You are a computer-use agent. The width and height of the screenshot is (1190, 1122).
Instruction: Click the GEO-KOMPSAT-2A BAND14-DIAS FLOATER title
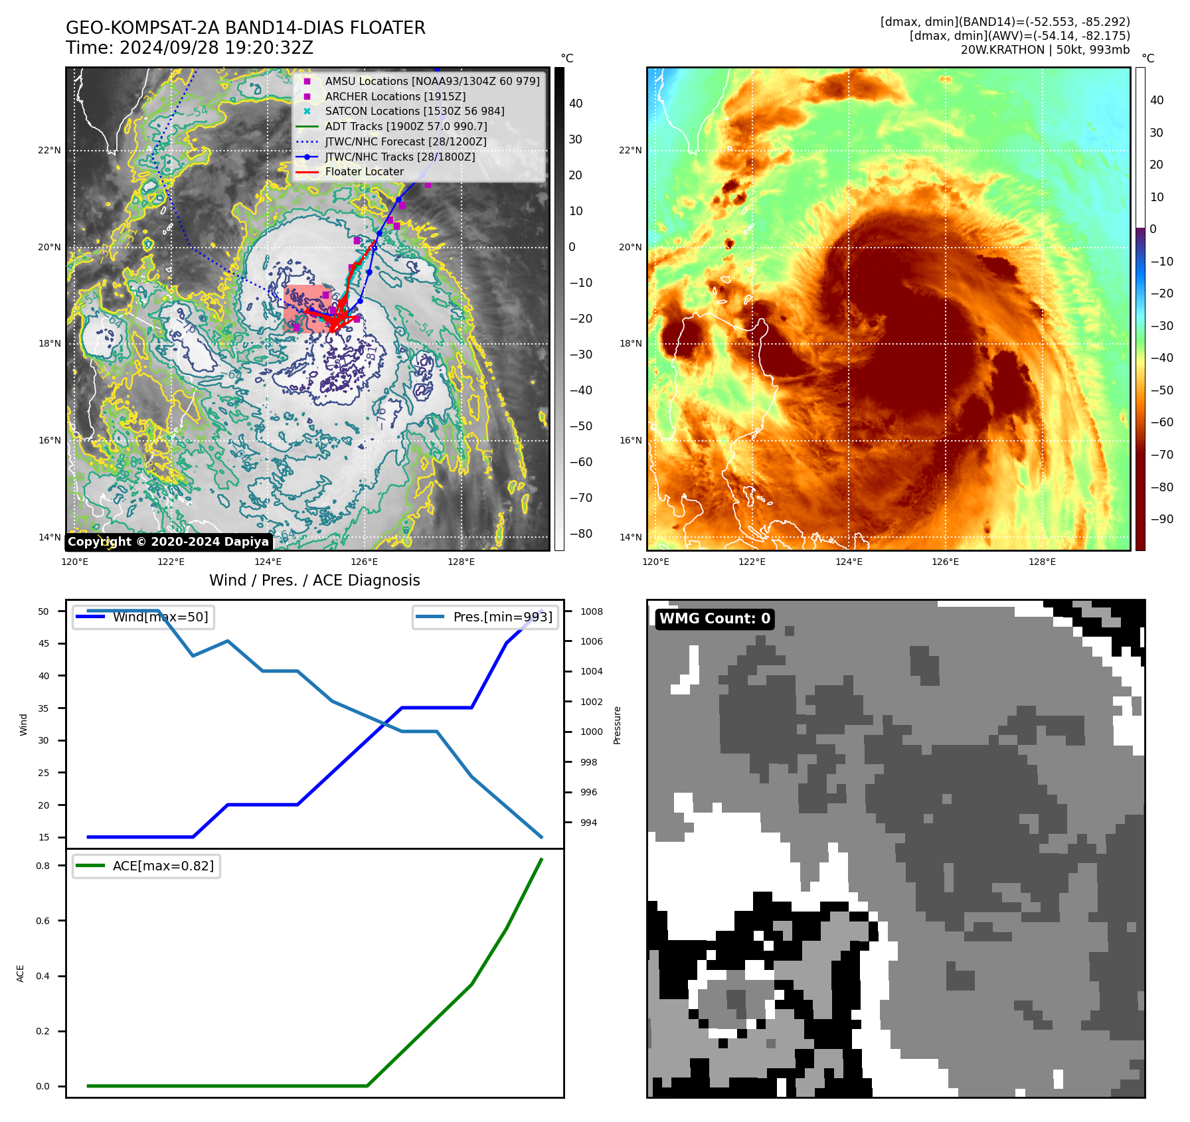[245, 28]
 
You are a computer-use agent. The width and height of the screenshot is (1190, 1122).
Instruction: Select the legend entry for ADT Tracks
[406, 126]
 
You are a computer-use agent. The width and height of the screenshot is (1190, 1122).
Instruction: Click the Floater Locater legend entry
[364, 171]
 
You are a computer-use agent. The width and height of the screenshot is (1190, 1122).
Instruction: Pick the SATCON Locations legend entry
[414, 111]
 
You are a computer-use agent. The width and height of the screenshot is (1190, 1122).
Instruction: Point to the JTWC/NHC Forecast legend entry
[405, 141]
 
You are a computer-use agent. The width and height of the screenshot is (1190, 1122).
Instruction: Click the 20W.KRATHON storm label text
[1002, 50]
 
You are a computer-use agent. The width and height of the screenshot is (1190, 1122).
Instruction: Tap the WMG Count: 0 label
[715, 619]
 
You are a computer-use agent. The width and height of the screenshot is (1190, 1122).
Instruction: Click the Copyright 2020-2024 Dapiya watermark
[168, 542]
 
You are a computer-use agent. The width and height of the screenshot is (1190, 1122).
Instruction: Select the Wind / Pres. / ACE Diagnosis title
[314, 580]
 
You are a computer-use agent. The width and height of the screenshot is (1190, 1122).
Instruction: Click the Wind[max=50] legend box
[143, 617]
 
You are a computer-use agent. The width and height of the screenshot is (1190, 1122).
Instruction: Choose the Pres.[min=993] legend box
[485, 617]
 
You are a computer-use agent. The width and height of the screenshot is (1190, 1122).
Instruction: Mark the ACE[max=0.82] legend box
[147, 866]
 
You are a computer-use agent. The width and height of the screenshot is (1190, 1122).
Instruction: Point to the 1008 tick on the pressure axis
[591, 611]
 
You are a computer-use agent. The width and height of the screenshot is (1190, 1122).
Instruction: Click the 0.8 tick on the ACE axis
[42, 866]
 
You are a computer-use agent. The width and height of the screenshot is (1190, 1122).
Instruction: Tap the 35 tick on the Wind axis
[43, 708]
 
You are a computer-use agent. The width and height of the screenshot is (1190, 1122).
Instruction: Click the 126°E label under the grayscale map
[364, 562]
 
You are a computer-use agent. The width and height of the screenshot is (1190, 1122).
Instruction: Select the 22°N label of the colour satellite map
[630, 150]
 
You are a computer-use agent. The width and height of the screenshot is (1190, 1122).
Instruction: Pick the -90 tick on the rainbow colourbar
[1161, 519]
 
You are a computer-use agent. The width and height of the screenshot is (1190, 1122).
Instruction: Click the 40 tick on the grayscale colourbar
[576, 104]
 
